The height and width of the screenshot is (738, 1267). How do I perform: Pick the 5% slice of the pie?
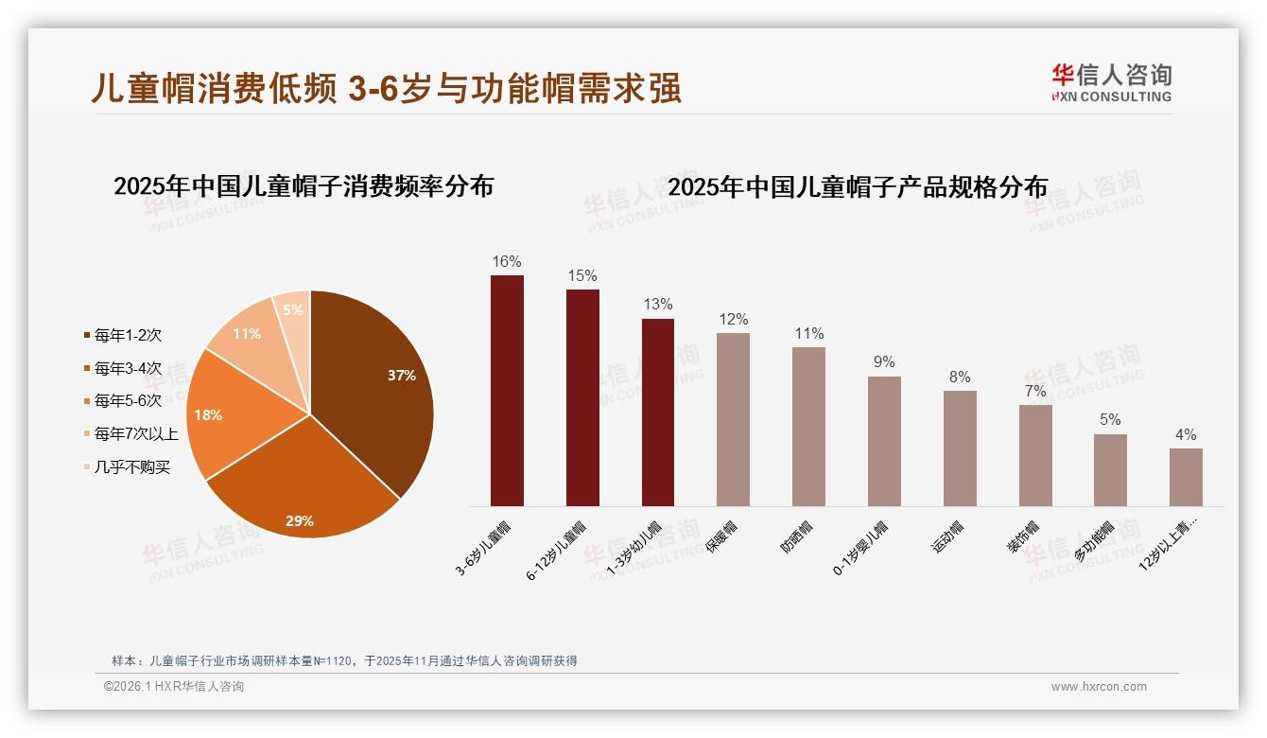click(x=294, y=312)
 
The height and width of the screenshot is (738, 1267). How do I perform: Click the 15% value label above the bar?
click(x=582, y=275)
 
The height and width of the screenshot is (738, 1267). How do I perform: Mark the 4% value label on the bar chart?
click(x=1186, y=435)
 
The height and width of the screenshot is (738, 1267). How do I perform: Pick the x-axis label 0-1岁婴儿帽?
click(x=859, y=548)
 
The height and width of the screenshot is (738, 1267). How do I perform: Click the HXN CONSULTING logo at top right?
click(x=1111, y=83)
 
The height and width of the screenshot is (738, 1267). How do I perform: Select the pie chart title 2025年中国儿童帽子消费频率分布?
click(x=304, y=186)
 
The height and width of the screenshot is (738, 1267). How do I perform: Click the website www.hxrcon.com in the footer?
click(x=1099, y=687)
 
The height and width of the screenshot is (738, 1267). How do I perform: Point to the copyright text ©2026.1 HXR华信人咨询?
click(x=174, y=687)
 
